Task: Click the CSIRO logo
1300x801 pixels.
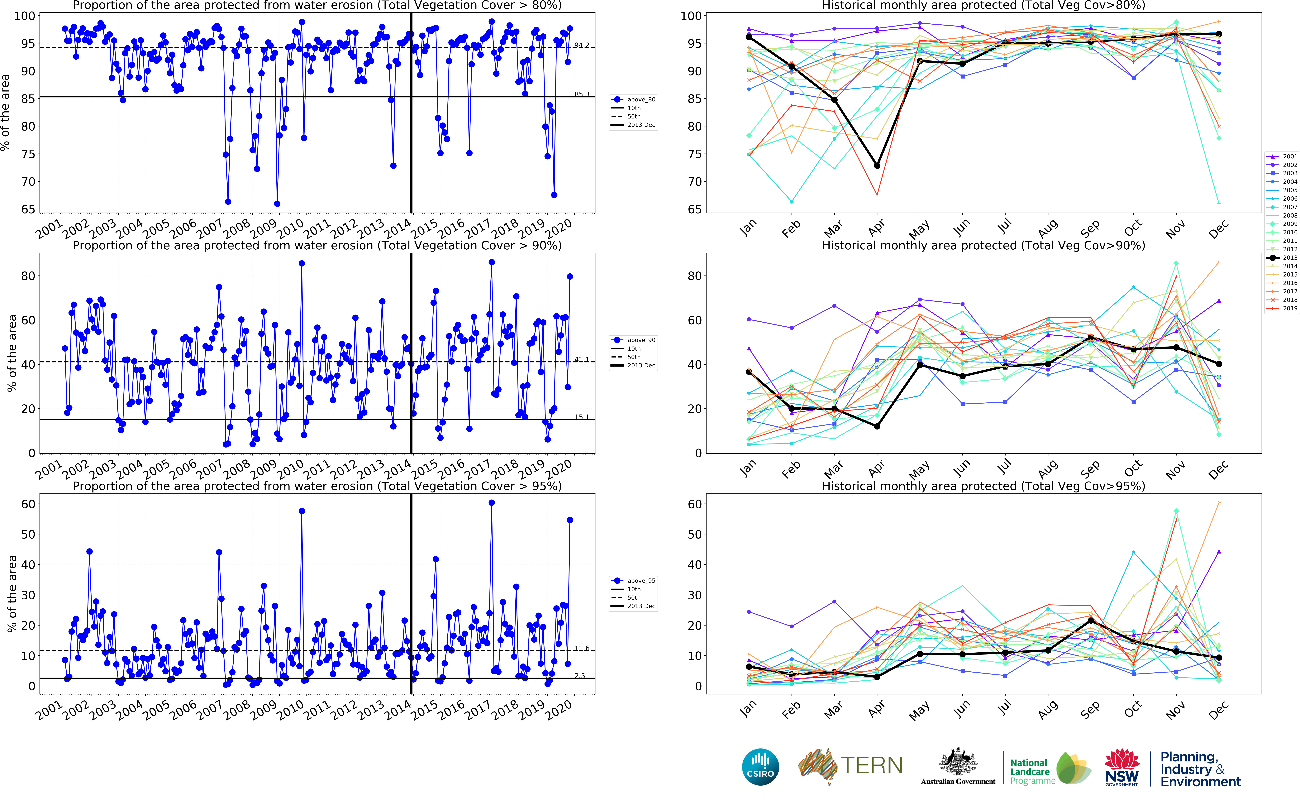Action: coord(760,767)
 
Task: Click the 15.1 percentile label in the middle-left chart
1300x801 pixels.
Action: coord(581,417)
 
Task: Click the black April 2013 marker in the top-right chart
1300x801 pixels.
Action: coord(877,166)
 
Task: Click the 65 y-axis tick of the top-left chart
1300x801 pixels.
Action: coord(28,209)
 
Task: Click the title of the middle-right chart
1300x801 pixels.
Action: coord(983,245)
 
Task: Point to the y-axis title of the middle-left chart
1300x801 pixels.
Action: coord(12,353)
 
